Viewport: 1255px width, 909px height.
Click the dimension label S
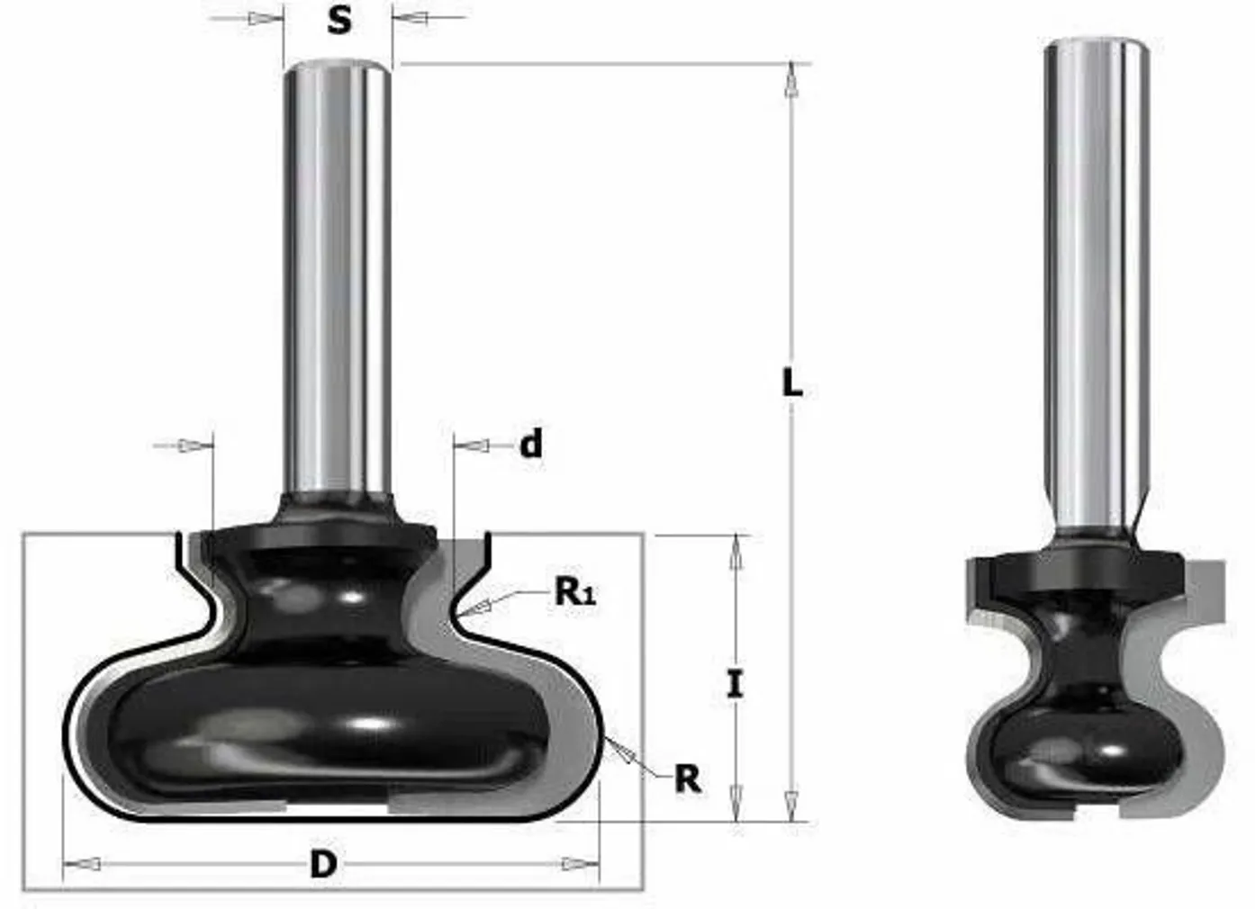pyautogui.click(x=339, y=19)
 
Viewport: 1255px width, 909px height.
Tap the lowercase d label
pyautogui.click(x=531, y=444)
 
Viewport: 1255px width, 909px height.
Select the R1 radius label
pyautogui.click(x=575, y=591)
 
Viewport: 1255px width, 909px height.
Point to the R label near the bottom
pyautogui.click(x=687, y=778)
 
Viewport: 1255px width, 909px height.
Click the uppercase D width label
pyautogui.click(x=322, y=864)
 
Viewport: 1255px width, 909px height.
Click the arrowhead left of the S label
pyautogui.click(x=262, y=19)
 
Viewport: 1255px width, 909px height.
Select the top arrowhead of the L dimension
pyautogui.click(x=791, y=81)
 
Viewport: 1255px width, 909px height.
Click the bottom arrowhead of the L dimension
pyautogui.click(x=791, y=801)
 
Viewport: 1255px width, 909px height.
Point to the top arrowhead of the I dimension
pyautogui.click(x=736, y=553)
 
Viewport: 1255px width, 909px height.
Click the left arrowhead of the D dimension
pyautogui.click(x=83, y=864)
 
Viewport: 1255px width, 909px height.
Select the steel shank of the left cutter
pyautogui.click(x=338, y=270)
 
